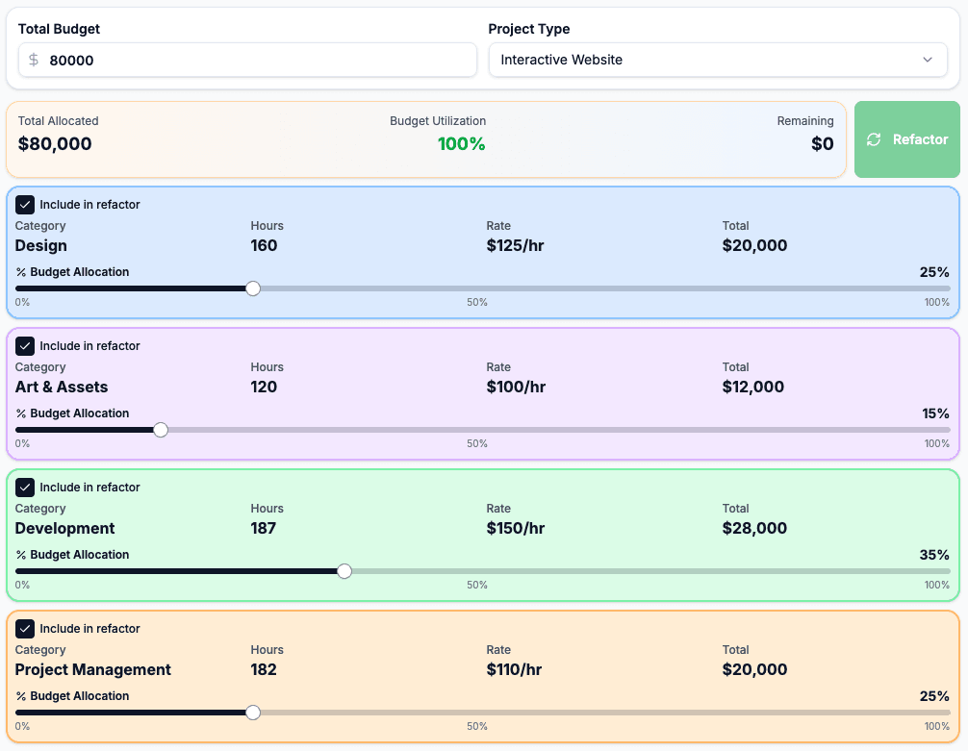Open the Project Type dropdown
717,60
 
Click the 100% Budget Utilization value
461,144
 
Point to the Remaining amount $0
822,144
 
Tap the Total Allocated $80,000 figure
55,144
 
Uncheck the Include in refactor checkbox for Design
25,205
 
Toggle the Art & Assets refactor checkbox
25,346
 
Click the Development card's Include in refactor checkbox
25,488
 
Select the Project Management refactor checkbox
25,629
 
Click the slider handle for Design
253,288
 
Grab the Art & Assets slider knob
161,430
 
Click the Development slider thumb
344,571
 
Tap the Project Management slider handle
253,713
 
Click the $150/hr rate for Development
516,528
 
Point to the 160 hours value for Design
264,245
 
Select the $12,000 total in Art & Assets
752,387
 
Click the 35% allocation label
934,555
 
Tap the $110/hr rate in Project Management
514,669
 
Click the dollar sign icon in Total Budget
34,60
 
